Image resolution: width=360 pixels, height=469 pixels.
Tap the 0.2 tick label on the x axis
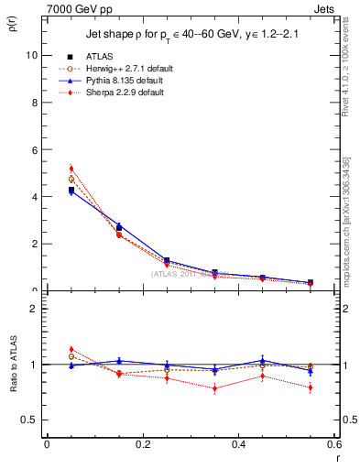tap(143, 444)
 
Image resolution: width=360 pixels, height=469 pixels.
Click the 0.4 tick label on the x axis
tap(239, 444)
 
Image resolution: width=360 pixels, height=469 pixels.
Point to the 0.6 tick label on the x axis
tap(334, 444)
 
